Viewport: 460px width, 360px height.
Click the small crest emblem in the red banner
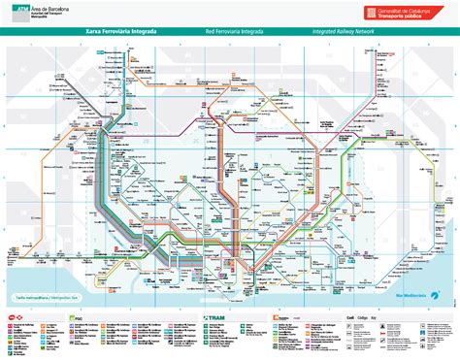(x=370, y=12)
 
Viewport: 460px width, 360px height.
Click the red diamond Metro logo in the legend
(x=11, y=317)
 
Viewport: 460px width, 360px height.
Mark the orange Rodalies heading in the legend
(x=288, y=317)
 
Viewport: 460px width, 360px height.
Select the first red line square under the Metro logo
(x=9, y=326)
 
